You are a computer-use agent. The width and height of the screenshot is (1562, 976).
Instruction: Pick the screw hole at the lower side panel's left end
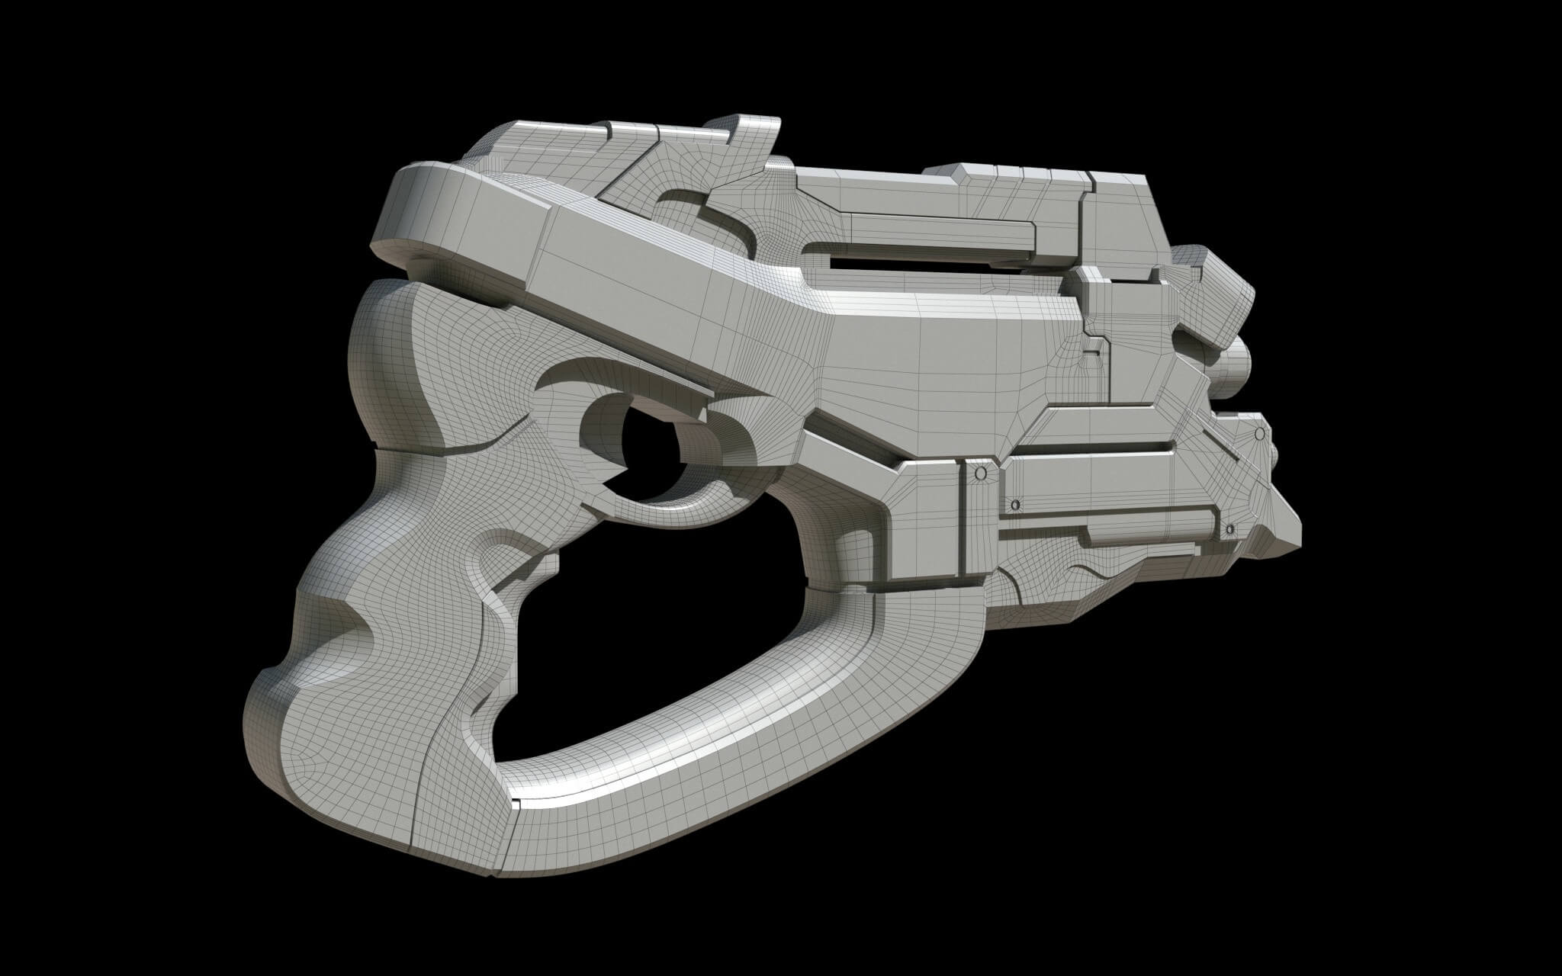click(1015, 505)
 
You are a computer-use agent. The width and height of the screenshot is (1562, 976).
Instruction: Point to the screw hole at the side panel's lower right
click(1229, 528)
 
